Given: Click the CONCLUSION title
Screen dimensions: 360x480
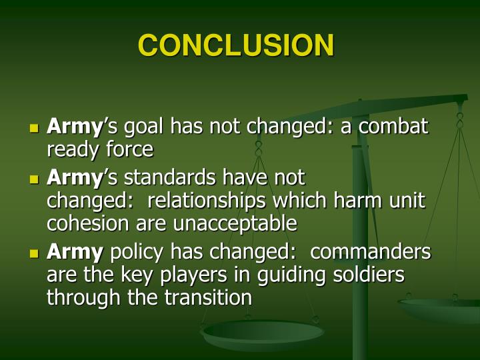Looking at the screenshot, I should pos(236,45).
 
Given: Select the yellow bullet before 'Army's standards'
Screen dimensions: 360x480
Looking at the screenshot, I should pos(35,179).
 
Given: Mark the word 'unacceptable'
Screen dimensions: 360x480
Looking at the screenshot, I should pos(235,223).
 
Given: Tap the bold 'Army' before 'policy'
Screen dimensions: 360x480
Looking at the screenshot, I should pos(75,253).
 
